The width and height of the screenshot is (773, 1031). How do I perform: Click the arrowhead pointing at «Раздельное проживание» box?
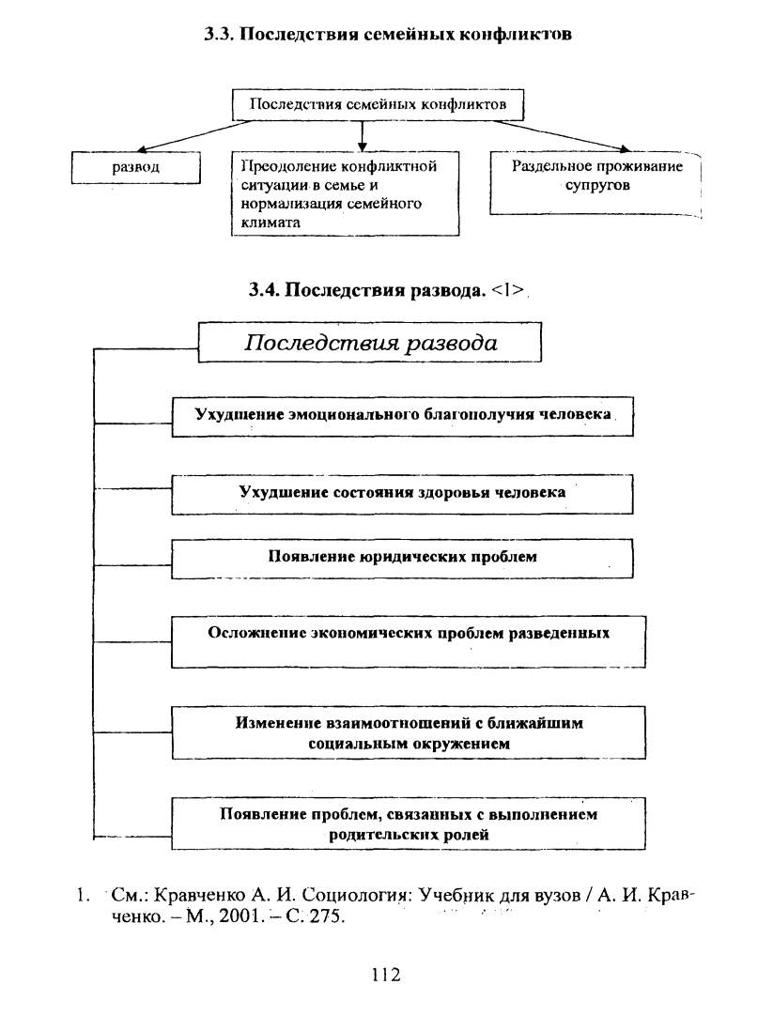[624, 149]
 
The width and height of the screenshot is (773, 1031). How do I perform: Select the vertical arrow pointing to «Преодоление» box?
[362, 136]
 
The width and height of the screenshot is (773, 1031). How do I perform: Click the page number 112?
[386, 975]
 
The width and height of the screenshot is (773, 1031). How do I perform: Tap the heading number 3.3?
[217, 34]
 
